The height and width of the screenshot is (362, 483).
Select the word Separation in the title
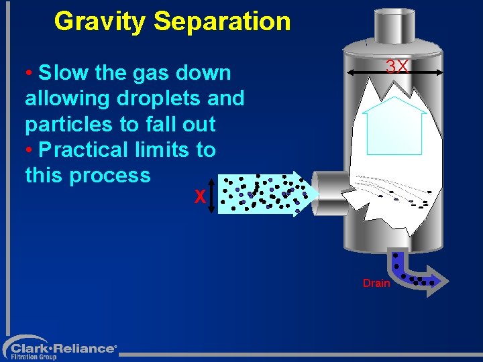click(x=222, y=21)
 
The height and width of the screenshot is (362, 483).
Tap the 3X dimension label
click(x=396, y=66)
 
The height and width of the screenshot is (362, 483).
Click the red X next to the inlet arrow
click(x=199, y=197)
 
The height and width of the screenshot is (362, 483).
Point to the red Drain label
click(x=376, y=283)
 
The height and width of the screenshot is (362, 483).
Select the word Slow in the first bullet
click(x=60, y=72)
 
